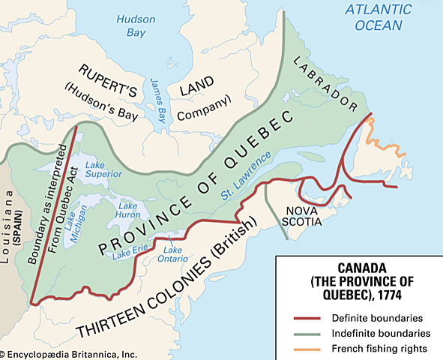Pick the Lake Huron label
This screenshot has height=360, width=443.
130,211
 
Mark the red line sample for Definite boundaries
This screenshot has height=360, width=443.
304,317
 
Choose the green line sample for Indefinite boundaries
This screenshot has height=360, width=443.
304,333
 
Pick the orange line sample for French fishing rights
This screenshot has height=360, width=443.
304,349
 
